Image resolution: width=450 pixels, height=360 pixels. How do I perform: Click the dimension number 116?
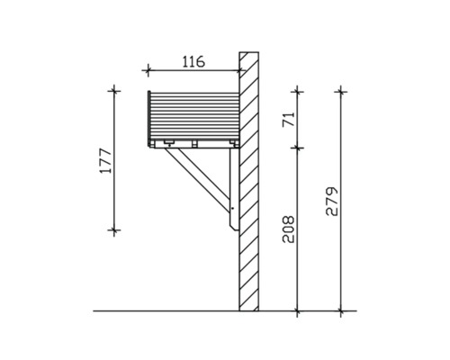(x=193, y=61)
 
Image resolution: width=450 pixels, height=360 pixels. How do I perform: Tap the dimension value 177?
(x=105, y=160)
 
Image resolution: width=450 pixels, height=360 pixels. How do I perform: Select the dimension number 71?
(x=289, y=120)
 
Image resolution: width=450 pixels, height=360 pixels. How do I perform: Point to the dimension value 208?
(x=289, y=229)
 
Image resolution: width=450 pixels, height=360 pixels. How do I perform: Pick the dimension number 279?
(x=332, y=202)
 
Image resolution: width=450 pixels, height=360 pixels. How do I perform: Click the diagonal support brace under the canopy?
(x=198, y=179)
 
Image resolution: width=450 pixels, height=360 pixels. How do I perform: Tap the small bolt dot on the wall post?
(x=233, y=208)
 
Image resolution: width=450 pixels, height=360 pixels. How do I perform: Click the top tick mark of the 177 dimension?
(x=114, y=90)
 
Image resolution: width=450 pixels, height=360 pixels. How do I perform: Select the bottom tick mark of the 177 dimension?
(x=114, y=230)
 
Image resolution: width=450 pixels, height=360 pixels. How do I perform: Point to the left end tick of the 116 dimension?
(x=148, y=71)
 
